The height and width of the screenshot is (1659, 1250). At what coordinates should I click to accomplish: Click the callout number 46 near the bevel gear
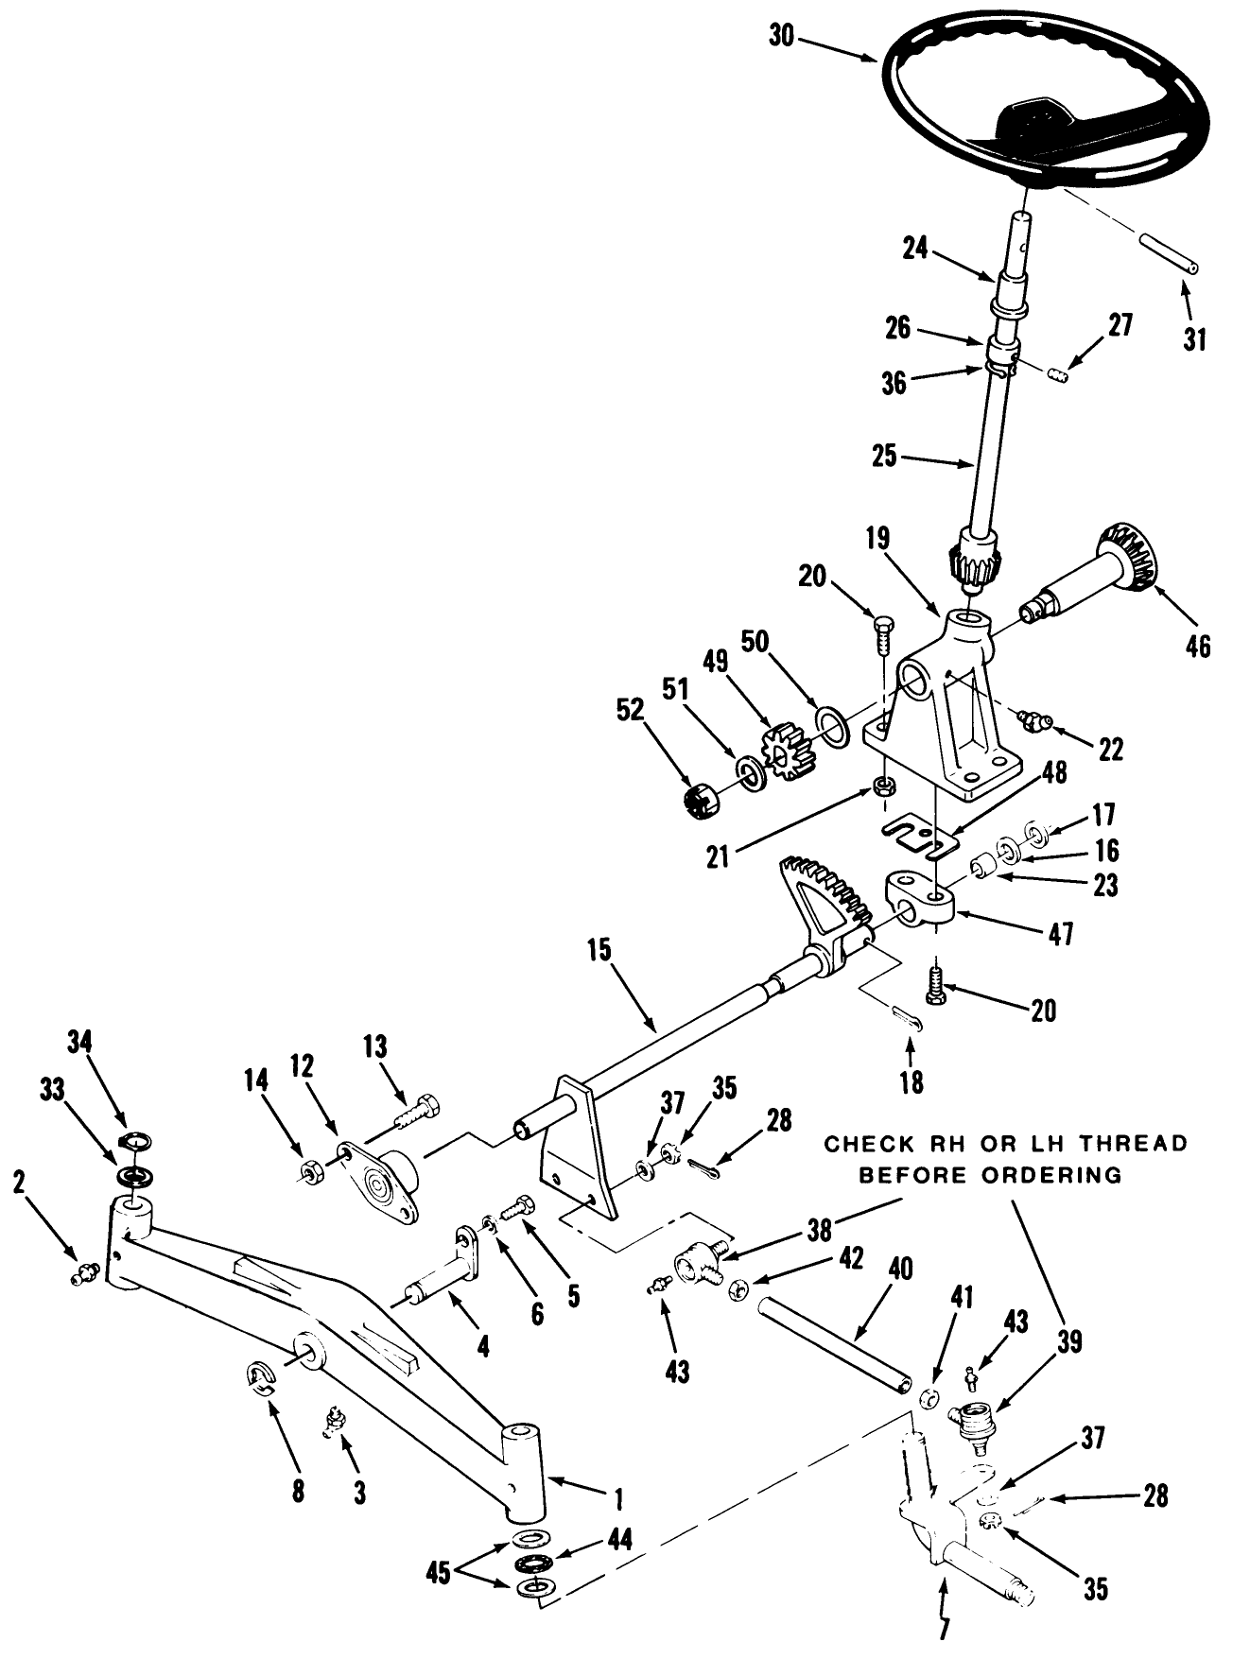(x=1197, y=647)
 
